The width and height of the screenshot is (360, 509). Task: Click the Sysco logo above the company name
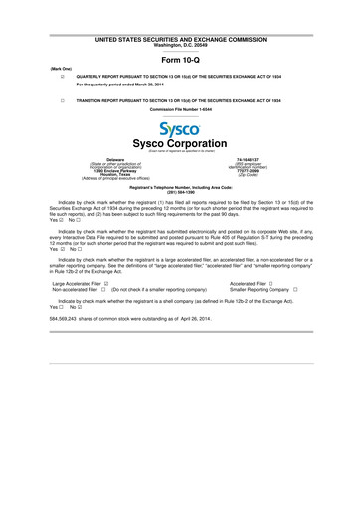click(180, 131)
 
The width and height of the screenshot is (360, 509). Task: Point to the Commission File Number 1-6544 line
click(180, 111)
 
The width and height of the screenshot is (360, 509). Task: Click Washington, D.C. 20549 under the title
click(180, 44)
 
